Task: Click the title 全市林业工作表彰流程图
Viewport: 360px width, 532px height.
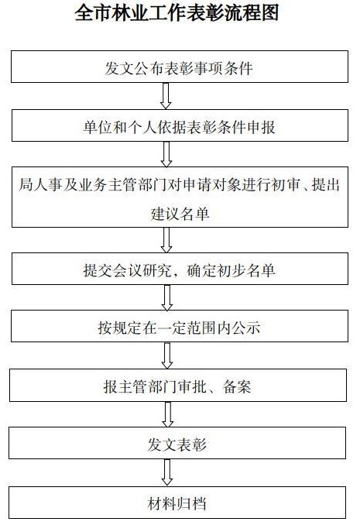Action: [x=177, y=13]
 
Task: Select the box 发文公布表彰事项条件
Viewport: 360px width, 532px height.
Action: [x=180, y=67]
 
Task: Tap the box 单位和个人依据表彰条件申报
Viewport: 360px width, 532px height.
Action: [x=180, y=125]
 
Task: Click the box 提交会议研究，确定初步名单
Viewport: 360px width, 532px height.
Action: [x=180, y=269]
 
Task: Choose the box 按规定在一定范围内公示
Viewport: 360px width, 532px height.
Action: [x=180, y=326]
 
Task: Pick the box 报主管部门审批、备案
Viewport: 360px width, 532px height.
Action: [x=178, y=385]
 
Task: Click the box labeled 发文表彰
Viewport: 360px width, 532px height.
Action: [x=177, y=443]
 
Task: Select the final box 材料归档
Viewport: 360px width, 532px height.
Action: [x=177, y=503]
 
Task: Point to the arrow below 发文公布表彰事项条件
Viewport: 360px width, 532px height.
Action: [x=166, y=96]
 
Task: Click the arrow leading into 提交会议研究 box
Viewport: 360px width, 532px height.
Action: [x=166, y=240]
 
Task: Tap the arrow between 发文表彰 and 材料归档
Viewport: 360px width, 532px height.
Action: [x=167, y=472]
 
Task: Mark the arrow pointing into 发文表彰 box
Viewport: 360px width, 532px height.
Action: [x=168, y=414]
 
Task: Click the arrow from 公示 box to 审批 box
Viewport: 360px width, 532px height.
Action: [x=167, y=355]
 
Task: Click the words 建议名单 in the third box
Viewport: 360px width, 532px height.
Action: [x=180, y=214]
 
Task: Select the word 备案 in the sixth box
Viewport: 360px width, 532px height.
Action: [x=237, y=386]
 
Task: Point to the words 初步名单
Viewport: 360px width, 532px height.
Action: [x=245, y=270]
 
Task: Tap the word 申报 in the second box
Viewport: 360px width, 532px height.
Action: [x=261, y=128]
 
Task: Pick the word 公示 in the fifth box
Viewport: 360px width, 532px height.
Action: [x=245, y=328]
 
